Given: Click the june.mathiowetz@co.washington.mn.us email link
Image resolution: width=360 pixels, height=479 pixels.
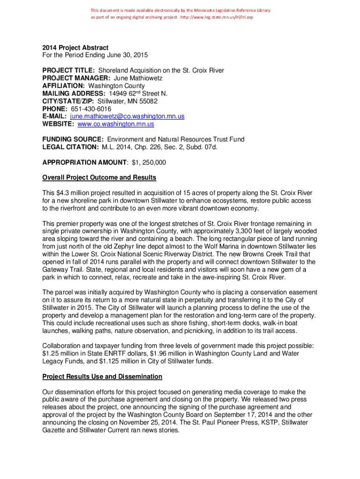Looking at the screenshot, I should pyautogui.click(x=128, y=116).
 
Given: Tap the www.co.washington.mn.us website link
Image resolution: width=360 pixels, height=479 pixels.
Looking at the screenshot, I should pyautogui.click(x=115, y=124).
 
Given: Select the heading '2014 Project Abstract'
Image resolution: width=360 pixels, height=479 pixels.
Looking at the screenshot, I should pyautogui.click(x=75, y=48).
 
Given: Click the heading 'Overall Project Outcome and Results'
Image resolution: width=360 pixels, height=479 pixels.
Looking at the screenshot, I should pyautogui.click(x=99, y=178).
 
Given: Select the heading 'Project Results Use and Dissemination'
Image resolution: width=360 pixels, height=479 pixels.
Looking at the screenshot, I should pyautogui.click(x=102, y=377).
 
